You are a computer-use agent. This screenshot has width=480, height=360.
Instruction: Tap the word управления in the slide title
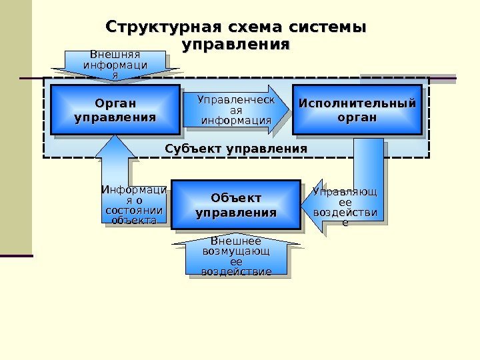(236, 45)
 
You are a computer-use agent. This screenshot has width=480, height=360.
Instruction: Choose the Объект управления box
(236, 205)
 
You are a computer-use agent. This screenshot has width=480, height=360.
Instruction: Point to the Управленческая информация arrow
(237, 110)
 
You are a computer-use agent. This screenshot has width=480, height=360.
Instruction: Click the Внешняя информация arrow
(115, 64)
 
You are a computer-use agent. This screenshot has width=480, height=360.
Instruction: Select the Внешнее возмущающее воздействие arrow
(236, 257)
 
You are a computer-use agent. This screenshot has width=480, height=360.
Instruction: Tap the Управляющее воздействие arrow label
(345, 207)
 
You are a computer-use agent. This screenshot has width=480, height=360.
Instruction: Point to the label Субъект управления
(236, 147)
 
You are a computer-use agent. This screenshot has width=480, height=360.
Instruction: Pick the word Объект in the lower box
(236, 198)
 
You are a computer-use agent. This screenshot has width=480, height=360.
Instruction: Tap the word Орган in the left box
(115, 103)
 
